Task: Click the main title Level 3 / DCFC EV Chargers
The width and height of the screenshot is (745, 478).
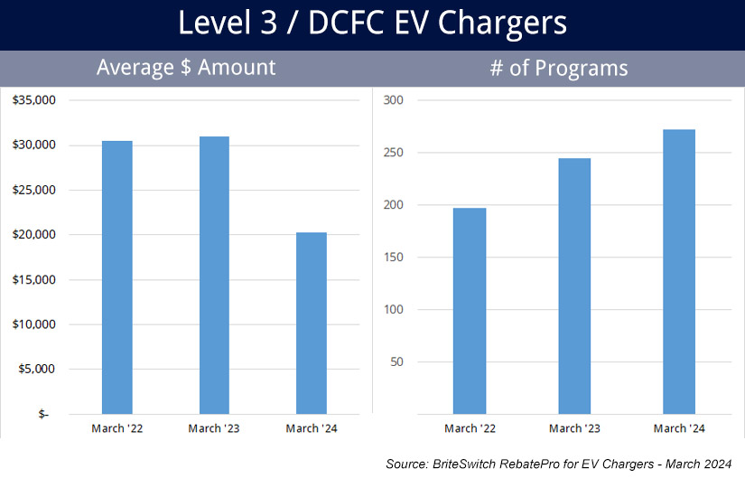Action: [372, 23]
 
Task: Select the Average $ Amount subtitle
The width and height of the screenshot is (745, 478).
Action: [186, 68]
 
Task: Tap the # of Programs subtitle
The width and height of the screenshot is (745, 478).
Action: [558, 68]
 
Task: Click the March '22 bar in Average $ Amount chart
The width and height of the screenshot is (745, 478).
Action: [117, 277]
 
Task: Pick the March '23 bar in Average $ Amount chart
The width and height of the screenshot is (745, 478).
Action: [214, 275]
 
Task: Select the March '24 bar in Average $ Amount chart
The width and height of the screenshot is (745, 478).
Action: [312, 323]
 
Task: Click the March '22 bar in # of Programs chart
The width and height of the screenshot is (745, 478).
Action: [470, 311]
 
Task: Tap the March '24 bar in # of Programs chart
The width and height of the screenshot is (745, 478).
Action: [679, 271]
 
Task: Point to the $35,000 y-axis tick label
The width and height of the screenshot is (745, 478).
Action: [34, 100]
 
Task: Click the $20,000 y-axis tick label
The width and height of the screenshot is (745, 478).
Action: [34, 235]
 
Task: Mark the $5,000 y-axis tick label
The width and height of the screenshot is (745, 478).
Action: [37, 369]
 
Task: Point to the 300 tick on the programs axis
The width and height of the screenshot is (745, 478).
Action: [394, 100]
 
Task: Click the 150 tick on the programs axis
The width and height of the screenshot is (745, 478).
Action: [394, 258]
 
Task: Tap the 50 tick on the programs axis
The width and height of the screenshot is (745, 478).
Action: [396, 362]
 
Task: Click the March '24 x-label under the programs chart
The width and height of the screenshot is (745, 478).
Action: [679, 428]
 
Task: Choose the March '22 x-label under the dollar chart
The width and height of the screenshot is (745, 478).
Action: [117, 428]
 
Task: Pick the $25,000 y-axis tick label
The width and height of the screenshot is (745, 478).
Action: [34, 190]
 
